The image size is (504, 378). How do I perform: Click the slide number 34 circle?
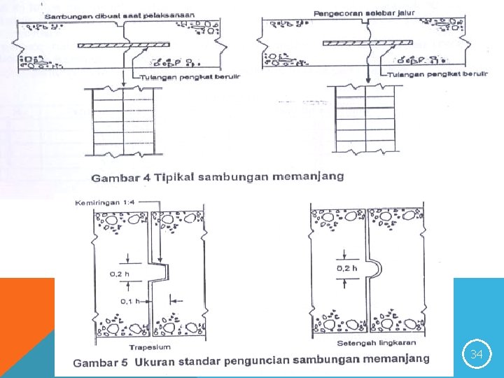(x=476, y=355)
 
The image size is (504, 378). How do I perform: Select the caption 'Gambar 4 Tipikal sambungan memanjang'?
(x=218, y=176)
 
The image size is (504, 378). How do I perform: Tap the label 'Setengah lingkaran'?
(x=367, y=342)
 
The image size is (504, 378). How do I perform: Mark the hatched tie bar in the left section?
(x=125, y=45)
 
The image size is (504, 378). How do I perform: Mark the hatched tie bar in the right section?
(x=366, y=43)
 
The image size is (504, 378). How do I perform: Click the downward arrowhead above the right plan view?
(x=367, y=80)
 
